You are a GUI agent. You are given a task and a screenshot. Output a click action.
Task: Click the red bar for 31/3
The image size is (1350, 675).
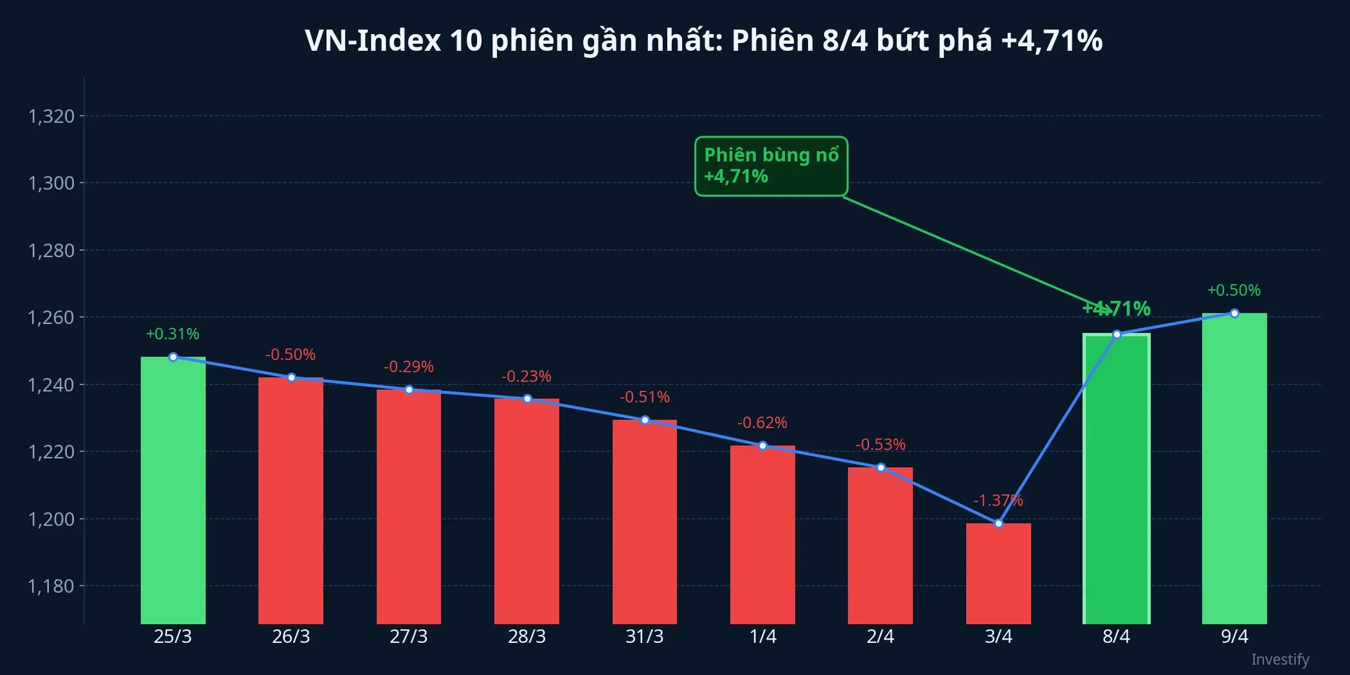(x=645, y=521)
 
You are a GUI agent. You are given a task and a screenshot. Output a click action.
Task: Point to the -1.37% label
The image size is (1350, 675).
(x=998, y=500)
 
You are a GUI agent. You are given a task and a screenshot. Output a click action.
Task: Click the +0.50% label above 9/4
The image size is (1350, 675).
(x=1234, y=290)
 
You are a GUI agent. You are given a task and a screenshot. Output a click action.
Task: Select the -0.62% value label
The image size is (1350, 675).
(x=762, y=422)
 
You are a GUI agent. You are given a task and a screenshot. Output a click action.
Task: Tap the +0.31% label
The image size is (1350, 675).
(x=172, y=334)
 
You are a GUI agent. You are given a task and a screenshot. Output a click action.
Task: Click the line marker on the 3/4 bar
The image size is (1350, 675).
(x=998, y=524)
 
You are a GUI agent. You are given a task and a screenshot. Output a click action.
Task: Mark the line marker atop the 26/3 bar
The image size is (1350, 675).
(x=291, y=378)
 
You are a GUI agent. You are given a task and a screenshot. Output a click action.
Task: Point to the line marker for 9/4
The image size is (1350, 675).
(x=1234, y=313)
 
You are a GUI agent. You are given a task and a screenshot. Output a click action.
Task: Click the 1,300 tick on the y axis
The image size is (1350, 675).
(x=51, y=183)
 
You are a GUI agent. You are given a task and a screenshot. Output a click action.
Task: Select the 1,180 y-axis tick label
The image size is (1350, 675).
(x=51, y=586)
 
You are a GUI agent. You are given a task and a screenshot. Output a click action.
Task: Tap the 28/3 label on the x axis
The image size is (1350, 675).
(x=526, y=636)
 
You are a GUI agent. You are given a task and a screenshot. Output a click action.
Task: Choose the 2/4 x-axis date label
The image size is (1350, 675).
(x=880, y=636)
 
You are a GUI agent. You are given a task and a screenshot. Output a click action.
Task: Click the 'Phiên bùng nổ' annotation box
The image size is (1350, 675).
(x=771, y=166)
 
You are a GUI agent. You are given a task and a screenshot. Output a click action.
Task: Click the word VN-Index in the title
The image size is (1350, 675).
(x=373, y=40)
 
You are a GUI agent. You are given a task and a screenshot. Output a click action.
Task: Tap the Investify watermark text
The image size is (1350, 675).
(x=1280, y=660)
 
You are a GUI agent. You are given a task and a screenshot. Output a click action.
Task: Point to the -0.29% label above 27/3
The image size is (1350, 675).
(x=408, y=366)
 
